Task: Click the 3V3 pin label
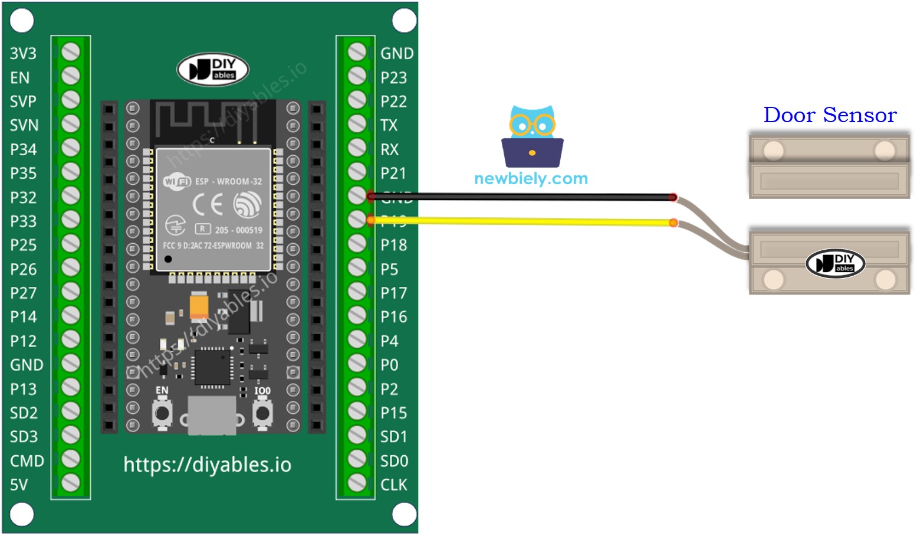click(x=23, y=54)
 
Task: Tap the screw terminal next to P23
click(x=357, y=76)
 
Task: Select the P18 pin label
click(x=393, y=245)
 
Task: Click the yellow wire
click(x=519, y=221)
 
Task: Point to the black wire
click(x=519, y=197)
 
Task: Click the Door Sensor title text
click(x=830, y=115)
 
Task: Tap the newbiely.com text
click(x=531, y=178)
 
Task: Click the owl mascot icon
click(x=532, y=136)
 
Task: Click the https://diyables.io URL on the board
click(x=207, y=465)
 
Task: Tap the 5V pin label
click(x=19, y=485)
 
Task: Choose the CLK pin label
click(x=393, y=485)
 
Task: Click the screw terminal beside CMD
click(x=71, y=459)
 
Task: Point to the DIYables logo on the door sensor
click(x=835, y=263)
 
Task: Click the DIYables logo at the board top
click(x=213, y=70)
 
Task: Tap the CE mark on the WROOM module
click(x=208, y=204)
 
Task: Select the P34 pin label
click(x=23, y=149)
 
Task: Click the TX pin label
click(x=389, y=125)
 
